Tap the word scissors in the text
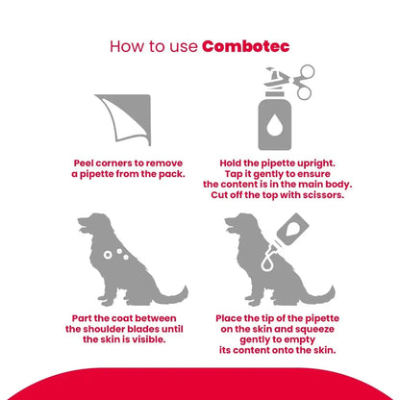317,194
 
